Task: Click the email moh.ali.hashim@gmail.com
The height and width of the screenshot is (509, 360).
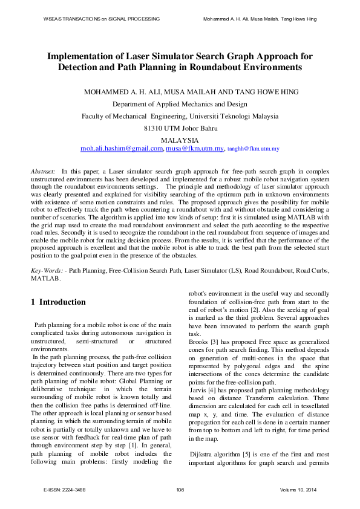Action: pos(122,148)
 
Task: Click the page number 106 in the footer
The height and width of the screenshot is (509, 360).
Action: pos(180,489)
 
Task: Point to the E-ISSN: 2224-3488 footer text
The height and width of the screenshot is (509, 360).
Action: pos(65,489)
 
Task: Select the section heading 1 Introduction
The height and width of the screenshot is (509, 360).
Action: pos(58,302)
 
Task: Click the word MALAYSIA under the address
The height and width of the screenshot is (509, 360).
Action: pos(180,139)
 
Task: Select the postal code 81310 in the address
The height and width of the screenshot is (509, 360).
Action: pos(155,128)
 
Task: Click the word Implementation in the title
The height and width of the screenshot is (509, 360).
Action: pos(89,56)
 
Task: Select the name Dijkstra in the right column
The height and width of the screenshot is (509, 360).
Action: pos(203,453)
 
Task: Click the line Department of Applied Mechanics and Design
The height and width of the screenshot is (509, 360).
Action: pos(180,104)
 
